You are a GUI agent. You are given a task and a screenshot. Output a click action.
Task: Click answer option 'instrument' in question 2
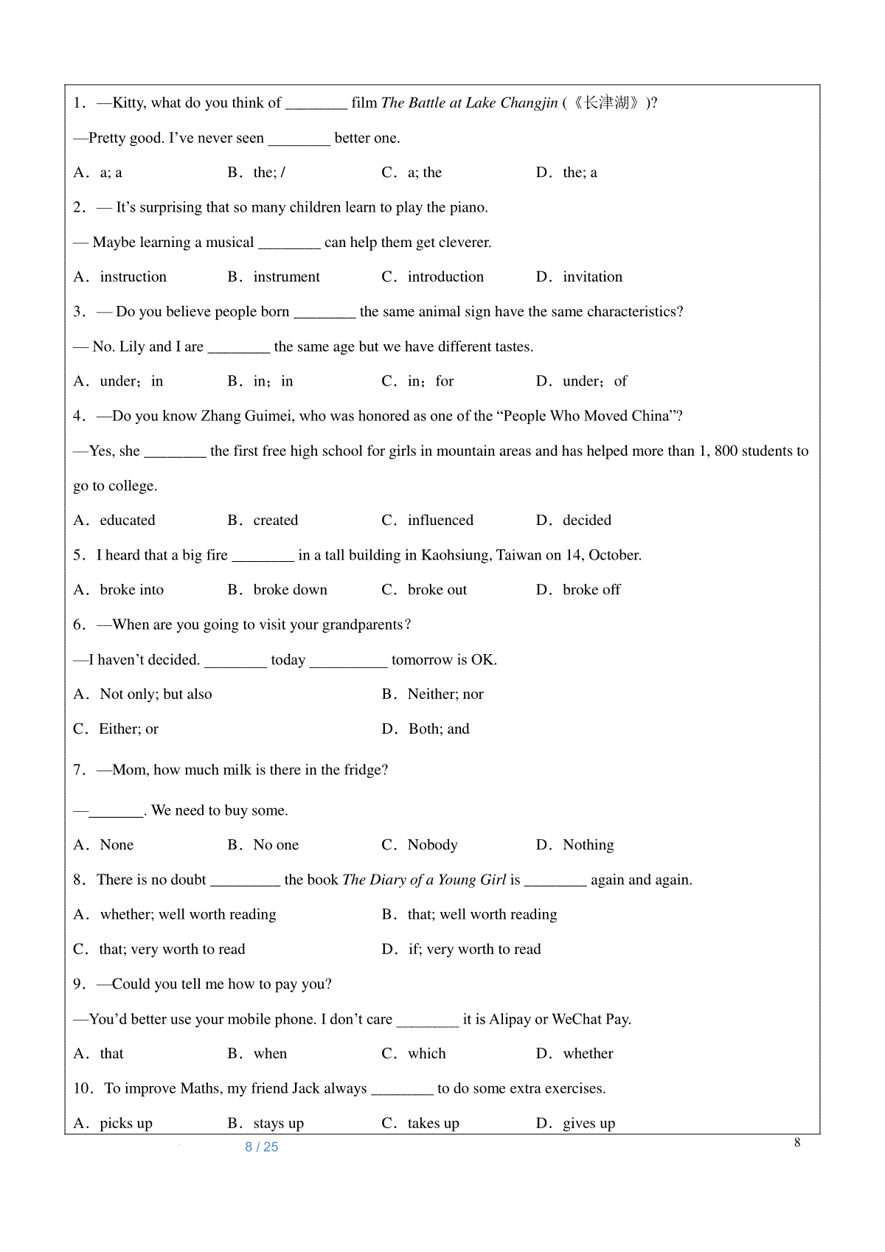pyautogui.click(x=286, y=277)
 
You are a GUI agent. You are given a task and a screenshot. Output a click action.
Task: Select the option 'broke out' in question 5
pyautogui.click(x=437, y=590)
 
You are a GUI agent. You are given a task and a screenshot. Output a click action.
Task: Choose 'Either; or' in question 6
pyautogui.click(x=128, y=729)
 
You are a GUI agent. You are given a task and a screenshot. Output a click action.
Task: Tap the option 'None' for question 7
pyautogui.click(x=117, y=845)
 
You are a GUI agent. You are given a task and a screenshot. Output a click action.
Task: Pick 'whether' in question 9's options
pyautogui.click(x=588, y=1054)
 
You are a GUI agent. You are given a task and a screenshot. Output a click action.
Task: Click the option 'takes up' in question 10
pyautogui.click(x=433, y=1124)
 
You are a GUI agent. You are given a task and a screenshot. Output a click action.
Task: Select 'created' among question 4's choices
pyautogui.click(x=275, y=521)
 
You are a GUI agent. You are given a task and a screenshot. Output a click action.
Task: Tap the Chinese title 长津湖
pyautogui.click(x=607, y=102)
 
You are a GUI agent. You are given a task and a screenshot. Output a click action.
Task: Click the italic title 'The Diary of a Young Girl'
pyautogui.click(x=424, y=880)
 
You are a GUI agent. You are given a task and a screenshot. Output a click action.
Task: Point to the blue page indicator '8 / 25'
pyautogui.click(x=262, y=1147)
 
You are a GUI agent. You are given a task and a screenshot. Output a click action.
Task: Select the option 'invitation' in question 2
pyautogui.click(x=592, y=277)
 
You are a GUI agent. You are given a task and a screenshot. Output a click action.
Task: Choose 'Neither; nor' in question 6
pyautogui.click(x=445, y=695)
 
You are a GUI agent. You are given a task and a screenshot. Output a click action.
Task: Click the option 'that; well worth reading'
pyautogui.click(x=482, y=915)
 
